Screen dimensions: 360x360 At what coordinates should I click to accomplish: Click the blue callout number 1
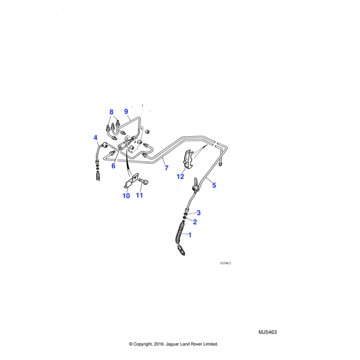[x=191, y=235]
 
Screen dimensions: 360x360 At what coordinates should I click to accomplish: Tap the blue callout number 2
[x=194, y=222]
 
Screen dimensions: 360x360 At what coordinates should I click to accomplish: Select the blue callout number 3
[x=199, y=213]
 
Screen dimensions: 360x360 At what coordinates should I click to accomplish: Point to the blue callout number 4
[x=95, y=139]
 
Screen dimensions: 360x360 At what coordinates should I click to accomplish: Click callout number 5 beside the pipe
[x=214, y=185]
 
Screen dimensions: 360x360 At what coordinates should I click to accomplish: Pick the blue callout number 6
[x=113, y=166]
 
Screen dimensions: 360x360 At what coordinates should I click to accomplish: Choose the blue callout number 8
[x=111, y=112]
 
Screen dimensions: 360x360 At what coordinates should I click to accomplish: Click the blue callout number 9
[x=126, y=112]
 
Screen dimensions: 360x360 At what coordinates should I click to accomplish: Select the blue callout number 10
[x=126, y=196]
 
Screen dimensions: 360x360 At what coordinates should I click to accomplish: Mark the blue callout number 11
[x=140, y=196]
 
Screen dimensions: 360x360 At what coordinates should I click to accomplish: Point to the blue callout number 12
[x=180, y=177]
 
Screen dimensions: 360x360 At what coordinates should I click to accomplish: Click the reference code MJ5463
[x=268, y=332]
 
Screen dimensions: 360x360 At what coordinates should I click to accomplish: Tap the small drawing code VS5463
[x=225, y=263]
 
